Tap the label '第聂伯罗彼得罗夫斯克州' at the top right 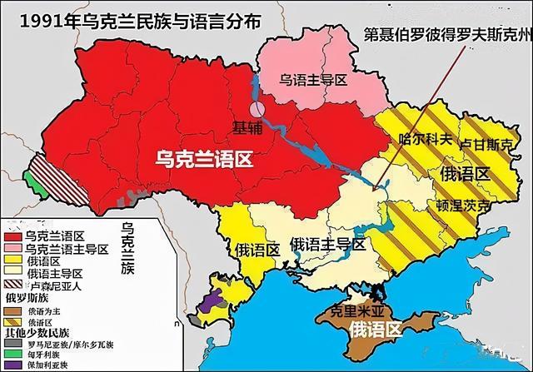(x=446, y=37)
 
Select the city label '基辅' (x=247, y=127)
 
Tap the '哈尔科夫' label (x=426, y=139)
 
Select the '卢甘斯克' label (x=487, y=144)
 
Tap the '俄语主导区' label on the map (x=327, y=244)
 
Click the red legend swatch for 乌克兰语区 (x=12, y=236)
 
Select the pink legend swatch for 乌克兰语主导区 (x=12, y=249)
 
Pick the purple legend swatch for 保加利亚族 (x=12, y=364)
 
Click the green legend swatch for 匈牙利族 (x=12, y=352)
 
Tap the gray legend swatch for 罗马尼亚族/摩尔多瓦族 (x=12, y=340)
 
